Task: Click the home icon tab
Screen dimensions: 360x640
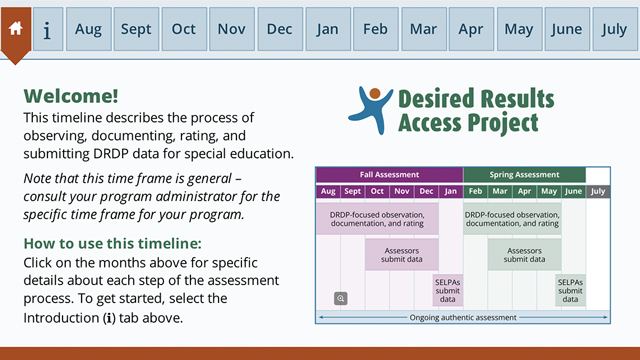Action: (x=16, y=29)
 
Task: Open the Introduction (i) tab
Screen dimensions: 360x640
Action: (x=47, y=30)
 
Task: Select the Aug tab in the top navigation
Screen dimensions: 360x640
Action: (x=88, y=29)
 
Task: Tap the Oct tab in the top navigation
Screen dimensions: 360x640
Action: (x=184, y=29)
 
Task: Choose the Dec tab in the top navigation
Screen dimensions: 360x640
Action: (x=279, y=29)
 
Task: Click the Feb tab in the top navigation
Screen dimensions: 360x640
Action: (x=375, y=29)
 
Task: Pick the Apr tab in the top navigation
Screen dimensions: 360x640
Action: (x=471, y=29)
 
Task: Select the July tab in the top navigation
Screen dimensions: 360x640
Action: (x=614, y=29)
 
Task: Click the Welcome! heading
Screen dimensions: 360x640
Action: (x=71, y=96)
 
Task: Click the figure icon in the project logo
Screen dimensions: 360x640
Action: (x=374, y=108)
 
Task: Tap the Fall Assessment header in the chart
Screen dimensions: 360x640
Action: (x=390, y=174)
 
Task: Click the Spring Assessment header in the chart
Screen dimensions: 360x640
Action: (x=524, y=174)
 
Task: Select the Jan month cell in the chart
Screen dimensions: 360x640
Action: (x=450, y=191)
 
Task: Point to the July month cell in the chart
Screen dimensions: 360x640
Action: (x=597, y=191)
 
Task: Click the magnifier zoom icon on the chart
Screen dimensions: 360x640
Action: (x=341, y=297)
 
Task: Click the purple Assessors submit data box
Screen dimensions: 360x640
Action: (x=401, y=254)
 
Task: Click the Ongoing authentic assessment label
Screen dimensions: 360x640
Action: (x=463, y=318)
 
